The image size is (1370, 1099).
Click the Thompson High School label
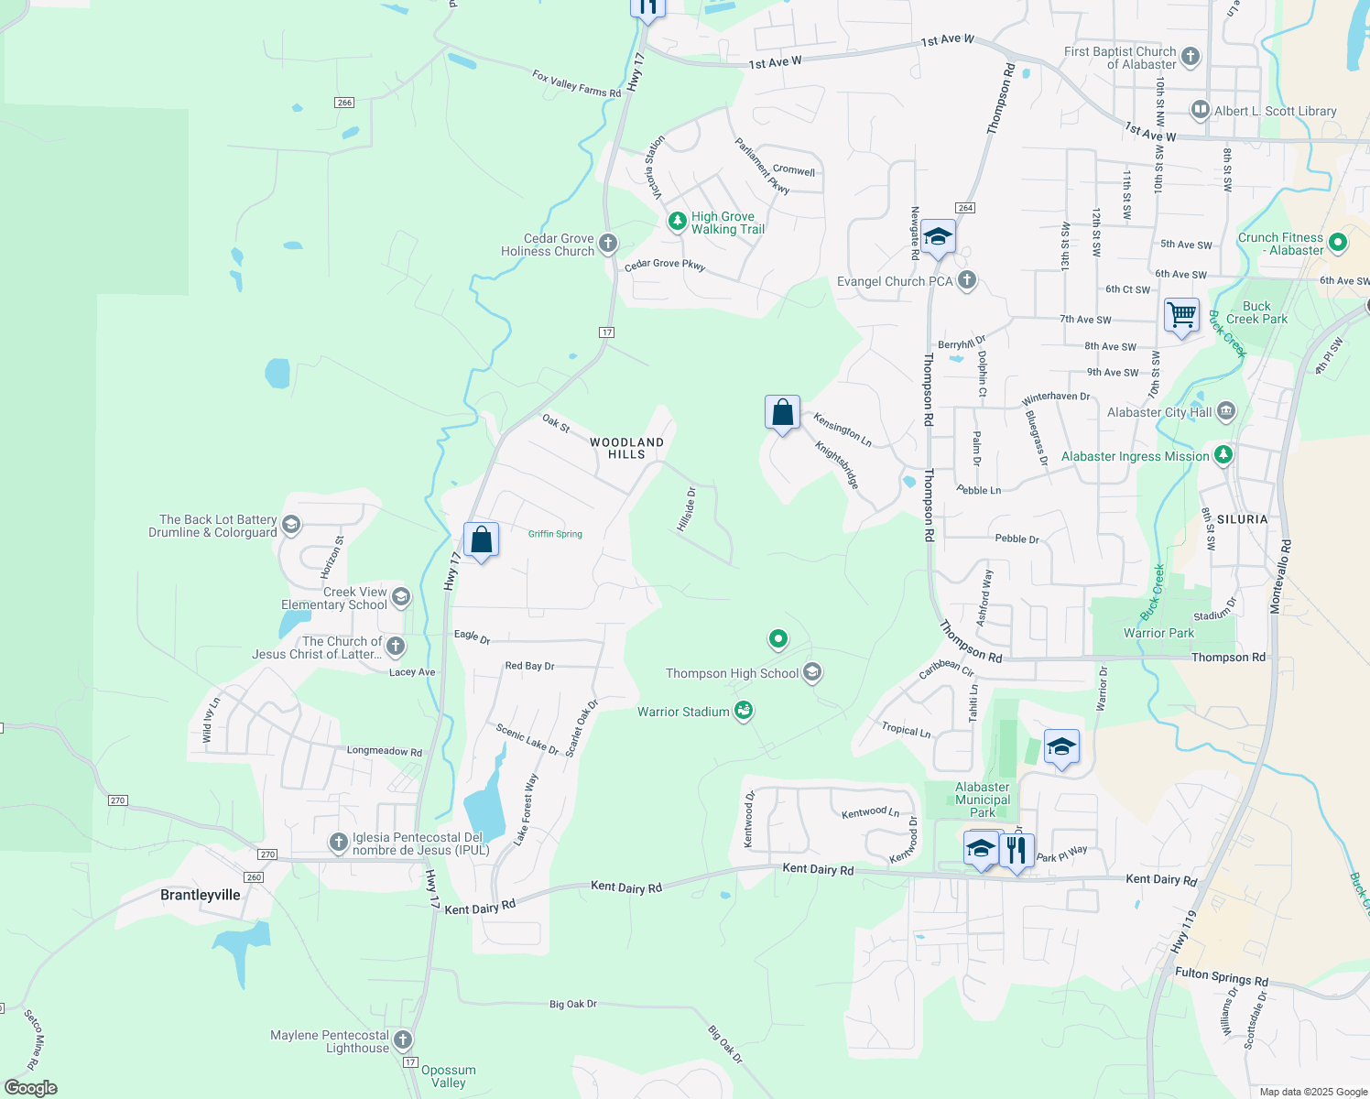(x=732, y=673)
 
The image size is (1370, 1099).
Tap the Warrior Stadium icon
(x=744, y=710)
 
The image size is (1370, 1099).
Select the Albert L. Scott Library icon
(x=1200, y=111)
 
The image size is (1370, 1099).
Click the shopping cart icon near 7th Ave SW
(x=1181, y=315)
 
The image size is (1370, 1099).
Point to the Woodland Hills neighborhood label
(x=626, y=448)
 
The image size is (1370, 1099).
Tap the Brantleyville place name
(x=201, y=895)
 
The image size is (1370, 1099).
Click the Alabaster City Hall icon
(x=1226, y=412)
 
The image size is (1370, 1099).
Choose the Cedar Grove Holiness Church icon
(x=608, y=244)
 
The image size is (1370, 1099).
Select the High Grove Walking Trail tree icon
(x=677, y=222)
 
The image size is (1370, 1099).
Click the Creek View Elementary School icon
(x=400, y=598)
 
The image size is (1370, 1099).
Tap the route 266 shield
(x=344, y=103)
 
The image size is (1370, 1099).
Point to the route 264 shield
(x=965, y=208)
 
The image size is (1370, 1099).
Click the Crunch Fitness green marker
(x=1337, y=243)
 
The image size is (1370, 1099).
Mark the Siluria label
(x=1242, y=519)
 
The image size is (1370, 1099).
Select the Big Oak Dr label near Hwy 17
(x=573, y=1004)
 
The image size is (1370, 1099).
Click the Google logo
(x=31, y=1088)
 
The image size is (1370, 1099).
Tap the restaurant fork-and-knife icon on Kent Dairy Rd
(x=1017, y=850)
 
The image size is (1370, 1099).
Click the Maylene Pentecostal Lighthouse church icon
(x=403, y=1039)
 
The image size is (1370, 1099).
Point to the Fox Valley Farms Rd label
(x=576, y=83)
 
